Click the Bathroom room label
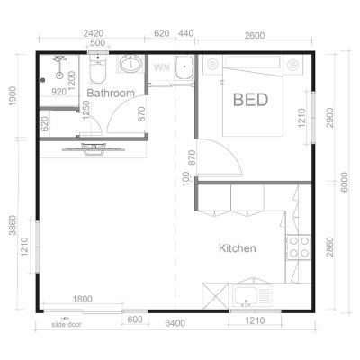pyautogui.click(x=112, y=93)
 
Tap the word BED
pyautogui.click(x=249, y=99)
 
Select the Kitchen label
pyautogui.click(x=238, y=248)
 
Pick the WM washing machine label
pyautogui.click(x=162, y=67)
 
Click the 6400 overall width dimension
pyautogui.click(x=175, y=321)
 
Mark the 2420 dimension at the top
pyautogui.click(x=93, y=33)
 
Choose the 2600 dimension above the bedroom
pyautogui.click(x=255, y=33)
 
